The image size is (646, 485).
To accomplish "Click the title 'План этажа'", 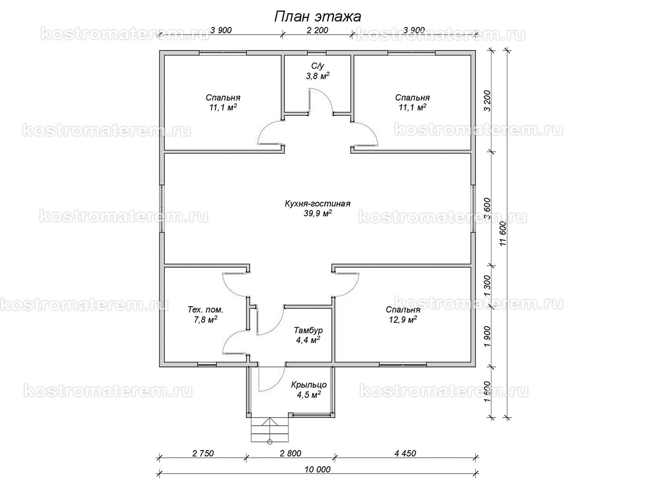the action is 317,17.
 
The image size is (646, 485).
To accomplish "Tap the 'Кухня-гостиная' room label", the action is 317,204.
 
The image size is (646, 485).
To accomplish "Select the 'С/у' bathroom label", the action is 317,66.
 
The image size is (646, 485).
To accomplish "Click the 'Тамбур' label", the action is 308,330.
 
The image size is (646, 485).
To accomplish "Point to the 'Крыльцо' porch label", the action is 308,385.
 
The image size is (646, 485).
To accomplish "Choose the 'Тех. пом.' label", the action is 206,309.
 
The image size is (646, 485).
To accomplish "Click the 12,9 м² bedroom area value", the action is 403,319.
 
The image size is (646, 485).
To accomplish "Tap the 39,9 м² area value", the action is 318,213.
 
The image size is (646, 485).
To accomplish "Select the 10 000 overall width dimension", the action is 317,469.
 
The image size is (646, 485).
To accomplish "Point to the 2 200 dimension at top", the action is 317,30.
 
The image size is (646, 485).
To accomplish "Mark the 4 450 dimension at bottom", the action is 405,453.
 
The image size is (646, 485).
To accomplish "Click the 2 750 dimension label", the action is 203,453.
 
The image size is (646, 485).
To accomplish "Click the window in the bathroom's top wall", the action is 317,53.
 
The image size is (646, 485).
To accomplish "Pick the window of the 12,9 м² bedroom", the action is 403,364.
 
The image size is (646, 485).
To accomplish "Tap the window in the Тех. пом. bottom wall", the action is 207,364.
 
